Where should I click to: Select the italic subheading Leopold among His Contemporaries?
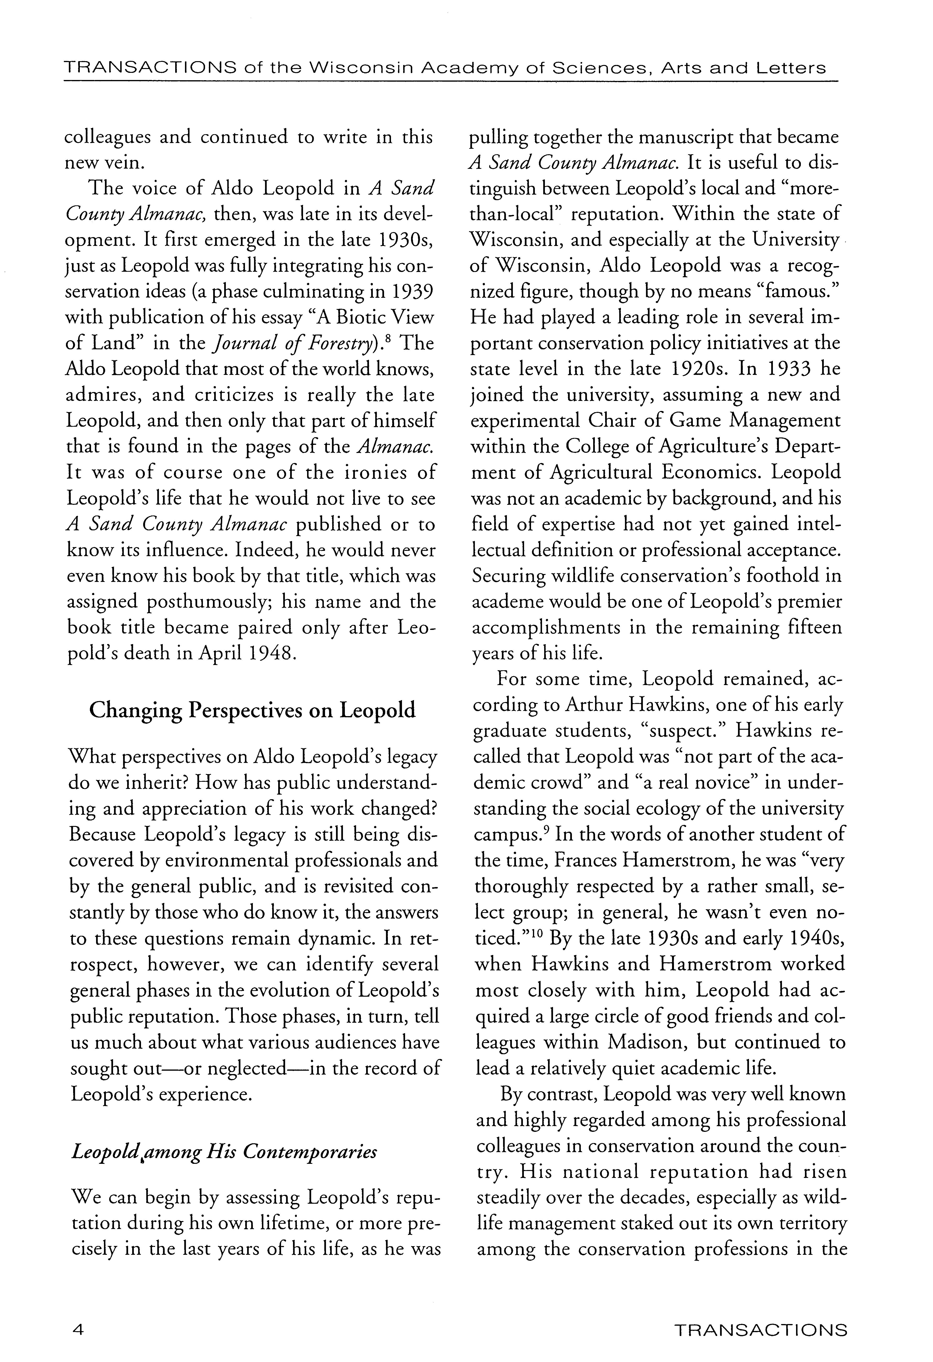(223, 1152)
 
